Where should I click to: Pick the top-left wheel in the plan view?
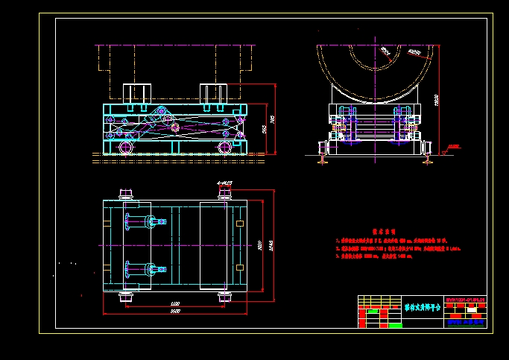coord(125,195)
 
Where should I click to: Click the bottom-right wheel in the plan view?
coord(224,299)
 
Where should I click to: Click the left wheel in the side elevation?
coord(124,148)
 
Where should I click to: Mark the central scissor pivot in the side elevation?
coord(174,127)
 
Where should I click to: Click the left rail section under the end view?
coord(322,157)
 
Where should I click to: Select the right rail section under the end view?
coord(427,157)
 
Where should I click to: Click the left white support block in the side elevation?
coord(137,93)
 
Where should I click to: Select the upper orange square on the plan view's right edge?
coord(238,224)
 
